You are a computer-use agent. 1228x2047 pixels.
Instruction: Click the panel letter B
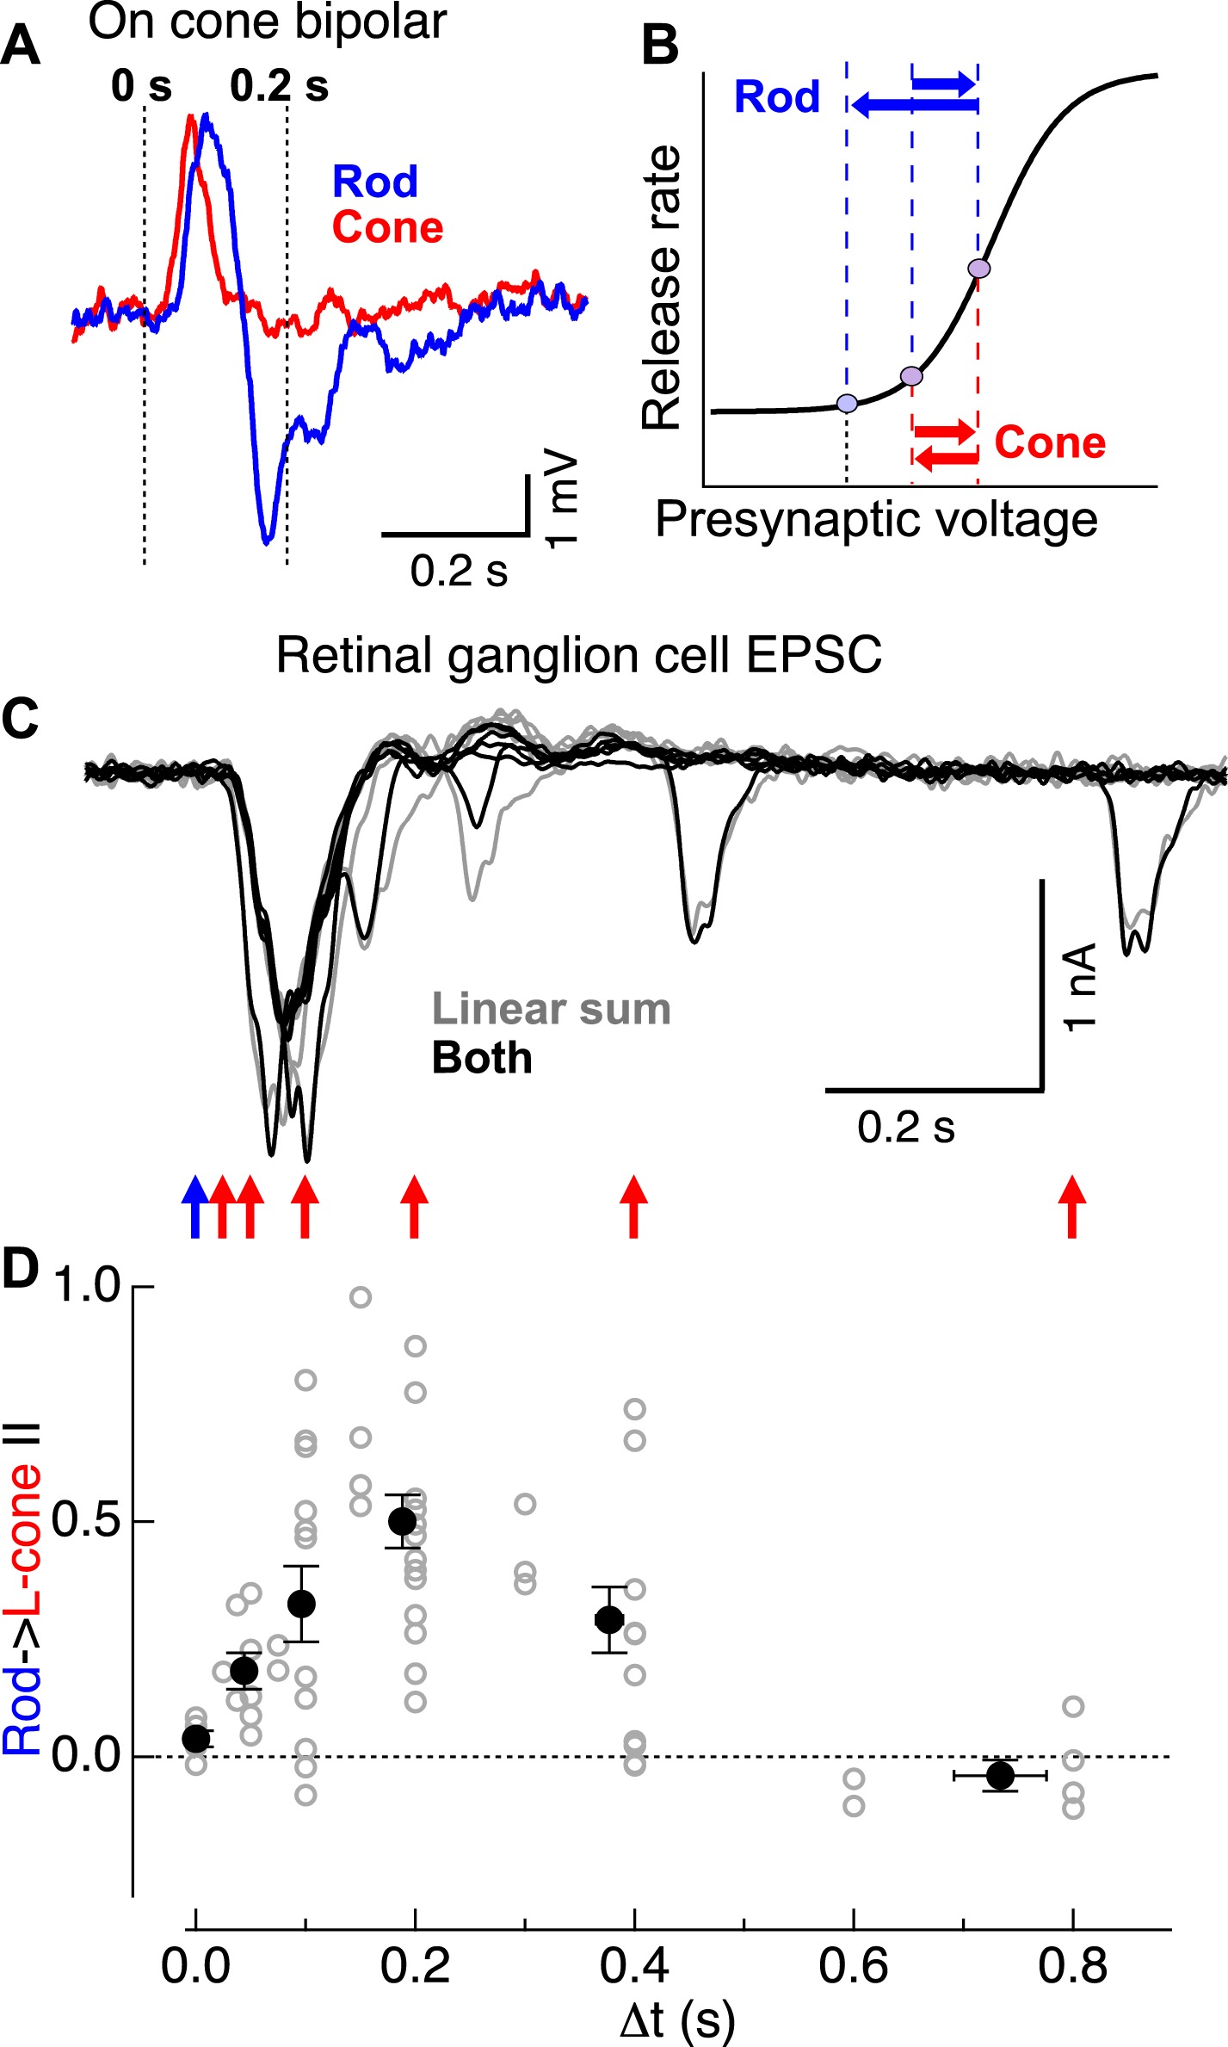pyautogui.click(x=661, y=46)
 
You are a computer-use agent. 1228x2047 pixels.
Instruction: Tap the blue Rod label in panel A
pyautogui.click(x=375, y=182)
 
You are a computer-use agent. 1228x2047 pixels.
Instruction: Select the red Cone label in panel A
pyautogui.click(x=387, y=227)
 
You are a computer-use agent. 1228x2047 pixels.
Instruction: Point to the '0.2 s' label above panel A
pyautogui.click(x=279, y=86)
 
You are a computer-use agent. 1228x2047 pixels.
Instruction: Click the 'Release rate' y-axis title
pyautogui.click(x=661, y=288)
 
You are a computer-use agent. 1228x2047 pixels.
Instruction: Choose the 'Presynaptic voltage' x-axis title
pyautogui.click(x=876, y=520)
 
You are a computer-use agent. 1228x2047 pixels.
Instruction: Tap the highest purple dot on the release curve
pyautogui.click(x=979, y=269)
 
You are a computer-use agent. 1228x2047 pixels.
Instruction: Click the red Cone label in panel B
pyautogui.click(x=1050, y=442)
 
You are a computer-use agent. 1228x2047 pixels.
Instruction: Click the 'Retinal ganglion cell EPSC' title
pyautogui.click(x=578, y=655)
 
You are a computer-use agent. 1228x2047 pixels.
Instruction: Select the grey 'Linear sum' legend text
pyautogui.click(x=551, y=1009)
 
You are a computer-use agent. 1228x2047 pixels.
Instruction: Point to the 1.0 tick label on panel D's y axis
pyautogui.click(x=86, y=1286)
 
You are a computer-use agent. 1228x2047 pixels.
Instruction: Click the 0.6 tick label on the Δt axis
pyautogui.click(x=853, y=1966)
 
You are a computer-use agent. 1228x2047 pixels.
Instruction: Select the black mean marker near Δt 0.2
pyautogui.click(x=402, y=1521)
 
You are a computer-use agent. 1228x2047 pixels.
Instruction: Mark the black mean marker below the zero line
pyautogui.click(x=1000, y=1774)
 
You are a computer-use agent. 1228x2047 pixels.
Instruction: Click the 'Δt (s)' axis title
pyautogui.click(x=676, y=2019)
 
